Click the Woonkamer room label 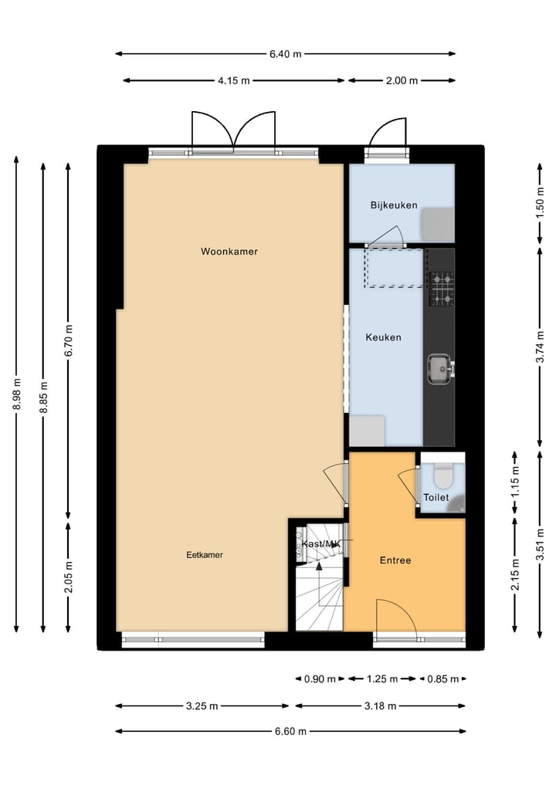pos(229,252)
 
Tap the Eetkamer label pos(205,555)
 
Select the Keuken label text pos(383,337)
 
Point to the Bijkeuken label pos(394,205)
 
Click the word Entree pos(395,560)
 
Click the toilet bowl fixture pos(442,472)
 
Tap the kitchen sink pos(440,368)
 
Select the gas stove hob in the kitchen pos(442,289)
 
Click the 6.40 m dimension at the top pos(285,54)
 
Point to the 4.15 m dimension pos(234,80)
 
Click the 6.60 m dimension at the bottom pos(290,731)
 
